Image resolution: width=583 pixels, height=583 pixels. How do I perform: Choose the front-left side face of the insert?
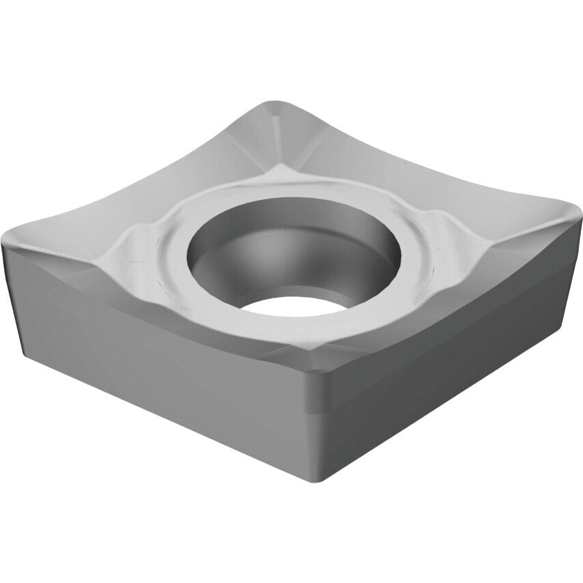(x=157, y=355)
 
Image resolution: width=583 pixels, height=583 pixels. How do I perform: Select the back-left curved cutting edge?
(x=137, y=164)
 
